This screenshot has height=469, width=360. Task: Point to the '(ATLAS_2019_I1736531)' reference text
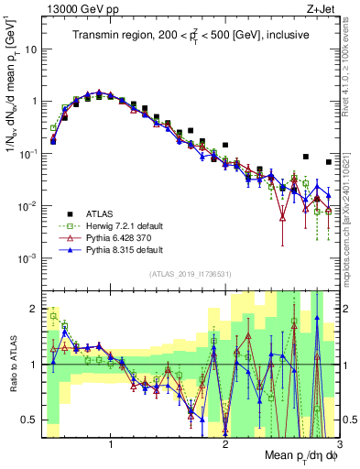(191, 274)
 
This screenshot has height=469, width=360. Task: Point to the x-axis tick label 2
(225, 444)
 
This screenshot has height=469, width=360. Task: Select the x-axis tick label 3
(338, 444)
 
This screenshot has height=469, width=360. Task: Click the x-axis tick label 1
(112, 444)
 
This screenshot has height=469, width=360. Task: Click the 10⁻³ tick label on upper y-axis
(29, 259)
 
